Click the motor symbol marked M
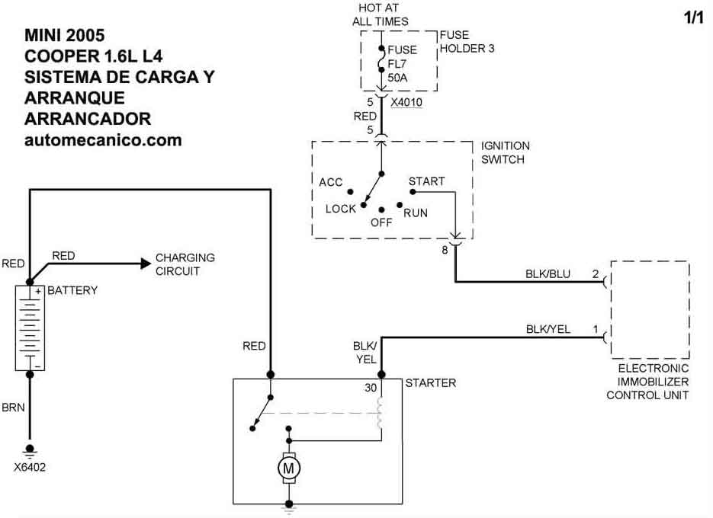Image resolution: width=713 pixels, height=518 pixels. coord(289,468)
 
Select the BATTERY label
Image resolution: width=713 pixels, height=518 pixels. coord(72,291)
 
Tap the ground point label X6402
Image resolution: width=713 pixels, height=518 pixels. coord(30,467)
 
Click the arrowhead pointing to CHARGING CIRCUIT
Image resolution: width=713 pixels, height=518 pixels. coord(145,264)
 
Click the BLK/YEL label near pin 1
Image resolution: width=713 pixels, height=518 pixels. coord(548,329)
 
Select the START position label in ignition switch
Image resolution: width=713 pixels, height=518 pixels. coord(426,181)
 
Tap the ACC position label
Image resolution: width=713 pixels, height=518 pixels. coord(331,182)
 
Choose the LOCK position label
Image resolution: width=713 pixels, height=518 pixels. coord(340,209)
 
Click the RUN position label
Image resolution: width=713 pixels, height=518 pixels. coord(416,213)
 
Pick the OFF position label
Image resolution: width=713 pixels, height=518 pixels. coord(381,223)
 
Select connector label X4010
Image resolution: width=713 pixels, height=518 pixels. coord(407,102)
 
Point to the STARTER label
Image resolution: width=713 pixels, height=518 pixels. coord(430,382)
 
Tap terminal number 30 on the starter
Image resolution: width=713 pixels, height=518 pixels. coord(371,388)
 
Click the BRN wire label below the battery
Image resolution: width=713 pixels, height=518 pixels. coord(14,408)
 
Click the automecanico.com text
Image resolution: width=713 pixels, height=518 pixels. coord(103,140)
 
